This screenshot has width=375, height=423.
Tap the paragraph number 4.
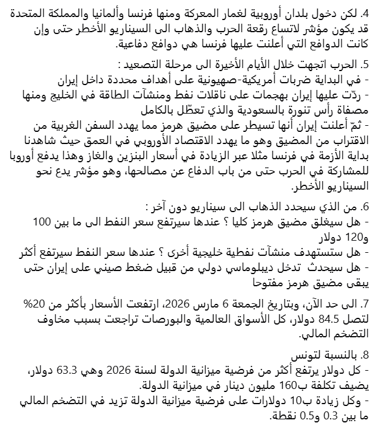tap(365, 13)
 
